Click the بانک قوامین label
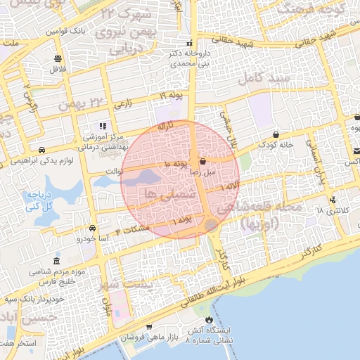[67, 32]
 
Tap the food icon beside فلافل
[57, 58]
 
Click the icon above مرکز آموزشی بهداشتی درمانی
[103, 126]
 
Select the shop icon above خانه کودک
[275, 134]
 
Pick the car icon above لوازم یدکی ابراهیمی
[42, 150]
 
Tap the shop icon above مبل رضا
[202, 161]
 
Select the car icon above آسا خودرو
[92, 229]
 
